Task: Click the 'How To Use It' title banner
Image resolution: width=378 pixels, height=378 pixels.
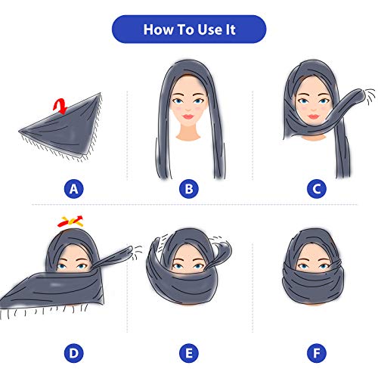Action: (189, 29)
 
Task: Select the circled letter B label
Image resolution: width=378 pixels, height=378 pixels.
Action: (188, 188)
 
